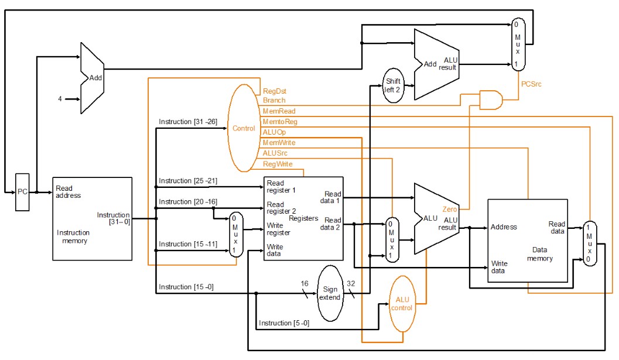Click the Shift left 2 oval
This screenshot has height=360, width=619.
(x=392, y=85)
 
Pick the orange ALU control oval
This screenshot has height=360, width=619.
(x=402, y=304)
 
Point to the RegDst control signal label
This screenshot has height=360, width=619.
(x=274, y=91)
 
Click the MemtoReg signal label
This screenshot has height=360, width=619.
(x=280, y=122)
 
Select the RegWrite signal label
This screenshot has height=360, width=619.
(x=278, y=164)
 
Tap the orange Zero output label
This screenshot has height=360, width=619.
(x=450, y=209)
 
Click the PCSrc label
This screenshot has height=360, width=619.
(x=532, y=84)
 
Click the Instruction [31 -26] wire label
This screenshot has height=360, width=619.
(x=187, y=122)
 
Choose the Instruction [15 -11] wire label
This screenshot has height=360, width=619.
(x=187, y=244)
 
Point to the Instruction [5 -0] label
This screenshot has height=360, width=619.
(x=284, y=323)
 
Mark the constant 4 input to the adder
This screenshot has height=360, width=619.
(x=60, y=99)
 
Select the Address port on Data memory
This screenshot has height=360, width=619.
(x=504, y=227)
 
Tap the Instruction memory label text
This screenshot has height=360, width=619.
(x=73, y=236)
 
